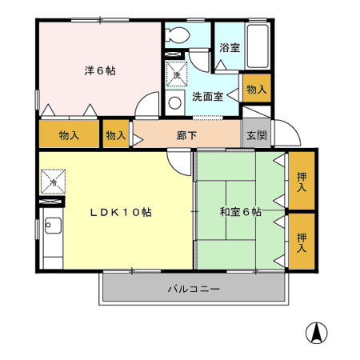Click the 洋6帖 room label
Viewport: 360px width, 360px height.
(x=100, y=71)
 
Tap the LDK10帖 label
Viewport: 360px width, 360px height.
(x=121, y=212)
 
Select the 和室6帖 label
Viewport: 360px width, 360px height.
(x=240, y=212)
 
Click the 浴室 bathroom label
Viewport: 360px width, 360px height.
(x=230, y=48)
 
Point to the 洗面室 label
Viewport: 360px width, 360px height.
(x=208, y=97)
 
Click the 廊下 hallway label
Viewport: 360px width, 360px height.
(x=186, y=135)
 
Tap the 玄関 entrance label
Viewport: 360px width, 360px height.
(x=257, y=135)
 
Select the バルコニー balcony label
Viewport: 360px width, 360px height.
(x=194, y=289)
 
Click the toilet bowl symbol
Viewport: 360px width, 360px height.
(x=177, y=35)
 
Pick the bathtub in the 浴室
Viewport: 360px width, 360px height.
(x=258, y=46)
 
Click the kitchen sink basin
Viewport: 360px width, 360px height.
(x=53, y=226)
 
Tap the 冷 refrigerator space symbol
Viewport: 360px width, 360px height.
(x=53, y=182)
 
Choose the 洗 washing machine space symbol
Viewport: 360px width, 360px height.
(x=177, y=74)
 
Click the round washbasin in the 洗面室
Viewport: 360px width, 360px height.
(x=175, y=103)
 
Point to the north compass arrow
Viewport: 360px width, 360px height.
(x=317, y=333)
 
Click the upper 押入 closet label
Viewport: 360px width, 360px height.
(x=302, y=182)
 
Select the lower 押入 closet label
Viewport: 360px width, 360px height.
(x=302, y=242)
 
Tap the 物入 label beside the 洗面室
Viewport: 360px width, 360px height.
(x=257, y=89)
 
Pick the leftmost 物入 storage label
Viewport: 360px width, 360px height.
(x=69, y=135)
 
